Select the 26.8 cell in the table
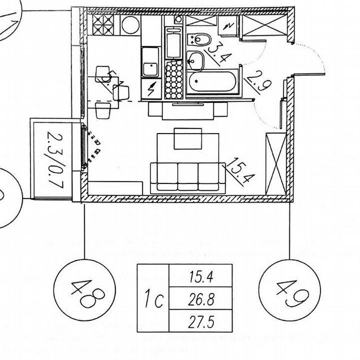[201, 298]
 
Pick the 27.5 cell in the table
[201, 321]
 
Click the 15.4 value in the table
[201, 276]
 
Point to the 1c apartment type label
[153, 298]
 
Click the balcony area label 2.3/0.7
[55, 160]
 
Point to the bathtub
[212, 82]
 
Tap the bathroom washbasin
[195, 61]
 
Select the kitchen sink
[151, 62]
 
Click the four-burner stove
[103, 25]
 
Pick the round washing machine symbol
[130, 25]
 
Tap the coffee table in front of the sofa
[188, 139]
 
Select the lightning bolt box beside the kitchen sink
[151, 89]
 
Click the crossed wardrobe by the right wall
[276, 164]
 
